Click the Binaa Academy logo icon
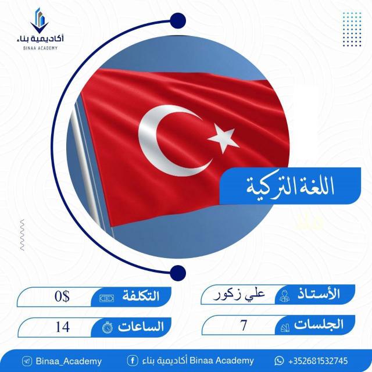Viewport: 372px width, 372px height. pyautogui.click(x=40, y=21)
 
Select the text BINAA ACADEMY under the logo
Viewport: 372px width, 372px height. pyautogui.click(x=40, y=48)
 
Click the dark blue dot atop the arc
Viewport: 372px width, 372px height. pyautogui.click(x=178, y=21)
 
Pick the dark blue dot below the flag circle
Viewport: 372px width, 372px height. pyautogui.click(x=178, y=273)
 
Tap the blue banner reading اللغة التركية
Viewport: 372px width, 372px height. pyautogui.click(x=290, y=186)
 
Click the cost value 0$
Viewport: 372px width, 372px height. pyautogui.click(x=62, y=296)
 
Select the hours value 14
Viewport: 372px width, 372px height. pyautogui.click(x=63, y=327)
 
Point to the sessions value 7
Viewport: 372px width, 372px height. pyautogui.click(x=244, y=325)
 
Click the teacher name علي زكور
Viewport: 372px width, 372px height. pyautogui.click(x=239, y=295)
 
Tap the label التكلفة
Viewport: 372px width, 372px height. pyautogui.click(x=141, y=296)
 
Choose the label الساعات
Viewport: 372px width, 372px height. pyautogui.click(x=141, y=327)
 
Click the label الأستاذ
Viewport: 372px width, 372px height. pyautogui.click(x=319, y=294)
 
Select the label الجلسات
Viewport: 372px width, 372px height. pyautogui.click(x=319, y=324)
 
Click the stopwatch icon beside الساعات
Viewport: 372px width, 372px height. pyautogui.click(x=108, y=327)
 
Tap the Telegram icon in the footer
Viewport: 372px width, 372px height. pyautogui.click(x=27, y=362)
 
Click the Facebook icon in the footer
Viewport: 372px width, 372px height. pyautogui.click(x=133, y=361)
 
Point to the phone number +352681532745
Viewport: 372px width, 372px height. pyautogui.click(x=318, y=361)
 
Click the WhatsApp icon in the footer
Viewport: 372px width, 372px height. pyautogui.click(x=279, y=361)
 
